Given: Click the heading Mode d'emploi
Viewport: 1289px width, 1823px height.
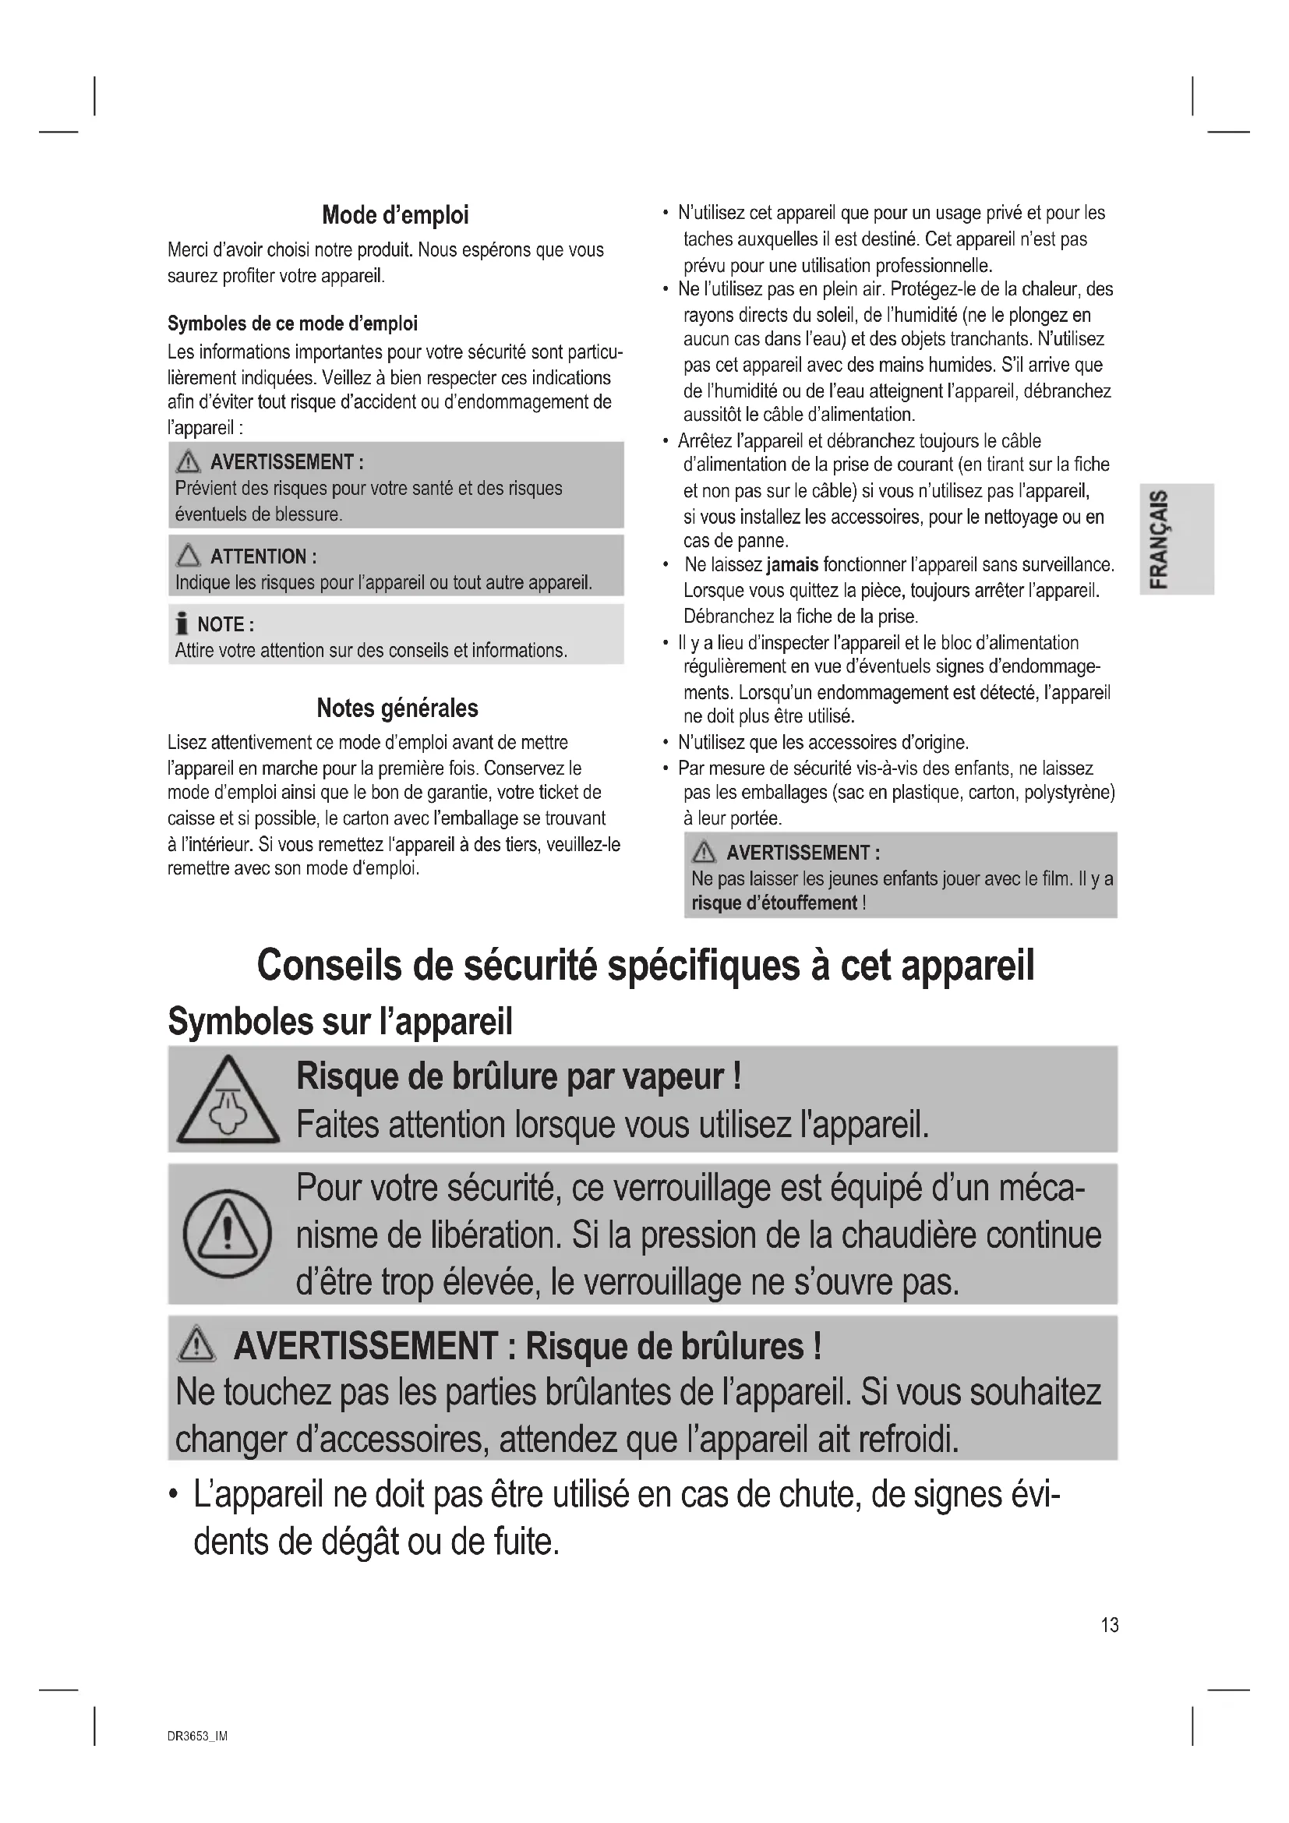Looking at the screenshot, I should (x=395, y=215).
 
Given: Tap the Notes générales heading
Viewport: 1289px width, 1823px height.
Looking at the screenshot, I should (x=397, y=708).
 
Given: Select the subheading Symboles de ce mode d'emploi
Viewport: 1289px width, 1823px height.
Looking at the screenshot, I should (x=292, y=323).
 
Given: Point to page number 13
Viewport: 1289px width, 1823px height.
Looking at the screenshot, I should (x=1110, y=1624).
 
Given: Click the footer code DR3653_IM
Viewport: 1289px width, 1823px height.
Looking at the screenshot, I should (x=198, y=1736).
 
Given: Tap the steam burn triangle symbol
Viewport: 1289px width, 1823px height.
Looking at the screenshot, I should (x=228, y=1102).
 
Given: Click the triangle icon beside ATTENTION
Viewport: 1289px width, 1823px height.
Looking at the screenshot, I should (x=189, y=556).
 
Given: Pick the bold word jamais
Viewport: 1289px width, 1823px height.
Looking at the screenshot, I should (x=792, y=564).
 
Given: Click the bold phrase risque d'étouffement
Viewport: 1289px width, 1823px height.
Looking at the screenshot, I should (x=774, y=903).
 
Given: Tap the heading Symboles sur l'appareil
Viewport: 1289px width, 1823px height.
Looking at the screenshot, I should (x=340, y=1021).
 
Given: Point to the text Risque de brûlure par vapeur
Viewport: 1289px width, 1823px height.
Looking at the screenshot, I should (x=519, y=1076).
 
